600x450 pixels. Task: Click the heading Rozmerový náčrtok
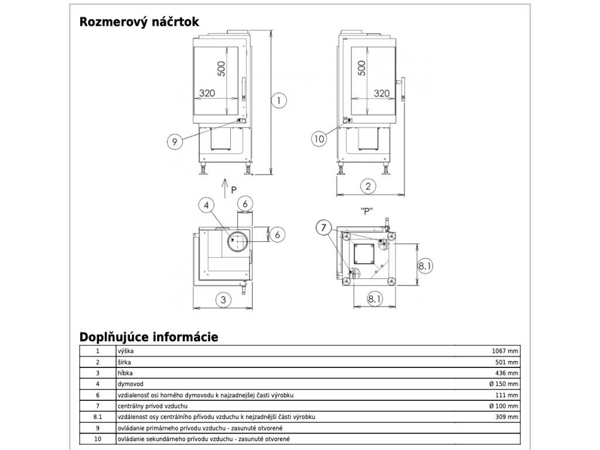[x=139, y=22]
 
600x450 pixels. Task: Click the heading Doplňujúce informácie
[x=149, y=337]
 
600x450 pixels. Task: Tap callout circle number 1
[x=278, y=101]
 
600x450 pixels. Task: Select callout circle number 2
[x=368, y=186]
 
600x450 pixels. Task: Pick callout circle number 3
[x=223, y=299]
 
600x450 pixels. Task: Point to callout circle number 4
[x=207, y=206]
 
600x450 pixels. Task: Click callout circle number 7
[x=323, y=228]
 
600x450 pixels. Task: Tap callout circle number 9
[x=175, y=142]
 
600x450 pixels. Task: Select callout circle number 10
[x=319, y=138]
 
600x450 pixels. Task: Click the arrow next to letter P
[x=225, y=188]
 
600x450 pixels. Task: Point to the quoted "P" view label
[x=367, y=211]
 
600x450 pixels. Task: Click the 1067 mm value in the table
[x=504, y=351]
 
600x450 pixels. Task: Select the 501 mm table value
[x=507, y=362]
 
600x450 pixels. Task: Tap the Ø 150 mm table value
[x=503, y=384]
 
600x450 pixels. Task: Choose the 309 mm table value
[x=507, y=417]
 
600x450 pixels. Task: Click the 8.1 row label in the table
[x=98, y=417]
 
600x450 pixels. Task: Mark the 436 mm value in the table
[x=507, y=373]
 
